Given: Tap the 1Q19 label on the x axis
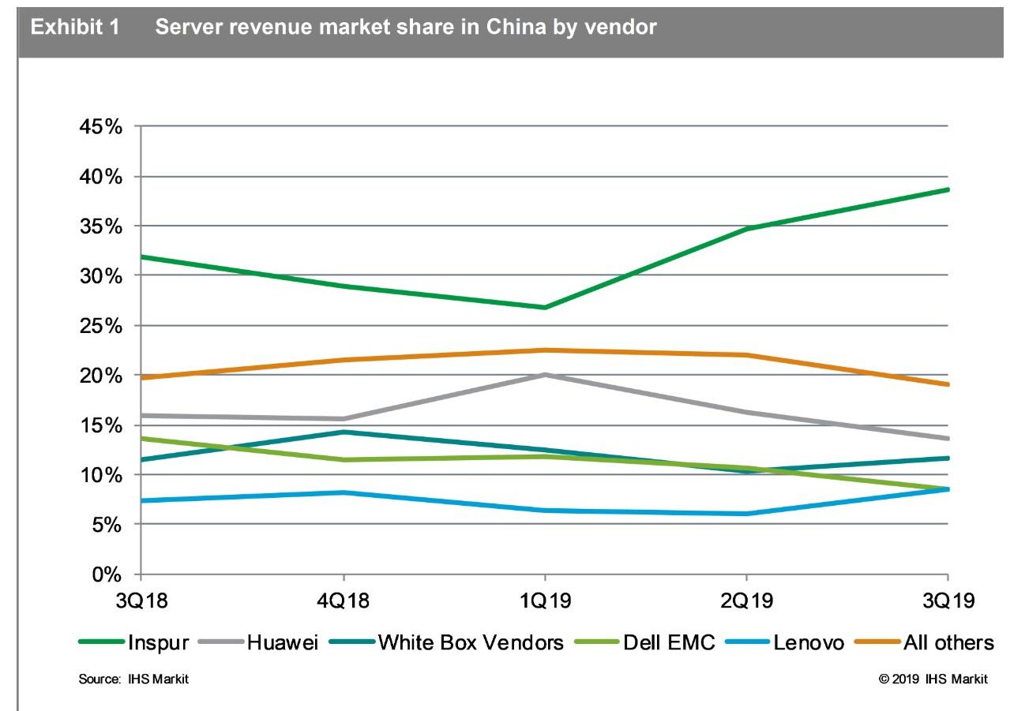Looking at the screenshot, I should [x=544, y=601].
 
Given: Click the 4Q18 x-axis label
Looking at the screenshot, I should [x=342, y=601].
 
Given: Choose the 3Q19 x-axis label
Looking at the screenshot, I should [x=948, y=601].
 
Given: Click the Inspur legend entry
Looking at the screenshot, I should [x=158, y=642].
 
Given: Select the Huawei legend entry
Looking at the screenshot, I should [x=282, y=642].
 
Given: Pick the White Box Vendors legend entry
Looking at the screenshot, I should [x=471, y=642].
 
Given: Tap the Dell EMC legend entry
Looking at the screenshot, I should [x=668, y=642].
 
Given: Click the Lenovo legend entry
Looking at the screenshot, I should [x=808, y=642].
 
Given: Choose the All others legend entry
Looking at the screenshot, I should [x=948, y=642].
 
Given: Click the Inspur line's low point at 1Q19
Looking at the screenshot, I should [x=544, y=307].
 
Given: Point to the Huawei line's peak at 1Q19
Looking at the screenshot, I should [x=544, y=375].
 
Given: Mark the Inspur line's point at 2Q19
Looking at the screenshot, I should [x=746, y=229].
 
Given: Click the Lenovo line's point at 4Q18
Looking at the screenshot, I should [x=342, y=492].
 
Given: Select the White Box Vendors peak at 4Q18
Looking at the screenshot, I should [x=342, y=432].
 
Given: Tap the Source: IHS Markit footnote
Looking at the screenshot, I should [x=133, y=679].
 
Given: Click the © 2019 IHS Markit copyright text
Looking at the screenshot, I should [x=933, y=679].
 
